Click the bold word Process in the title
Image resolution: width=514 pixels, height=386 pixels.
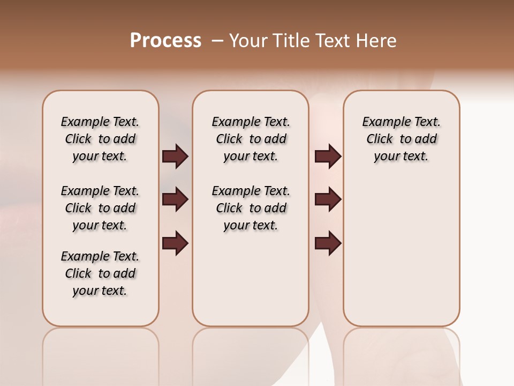(x=165, y=41)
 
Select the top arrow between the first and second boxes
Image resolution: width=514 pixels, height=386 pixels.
(x=175, y=157)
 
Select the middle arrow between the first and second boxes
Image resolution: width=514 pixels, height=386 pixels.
(x=175, y=199)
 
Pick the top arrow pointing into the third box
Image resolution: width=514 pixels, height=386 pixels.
(x=328, y=157)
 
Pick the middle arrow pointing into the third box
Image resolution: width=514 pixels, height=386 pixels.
(x=328, y=199)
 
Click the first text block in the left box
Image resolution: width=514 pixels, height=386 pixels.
(x=100, y=139)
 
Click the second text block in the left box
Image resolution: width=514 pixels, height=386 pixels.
(x=100, y=208)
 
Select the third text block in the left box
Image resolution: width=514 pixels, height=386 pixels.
(x=100, y=273)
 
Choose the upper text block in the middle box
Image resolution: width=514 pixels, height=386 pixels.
(x=251, y=139)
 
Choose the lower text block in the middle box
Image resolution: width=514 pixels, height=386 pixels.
(x=251, y=208)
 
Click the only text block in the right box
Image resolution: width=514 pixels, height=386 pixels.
(x=401, y=139)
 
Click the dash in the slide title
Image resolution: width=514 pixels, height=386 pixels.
(x=217, y=41)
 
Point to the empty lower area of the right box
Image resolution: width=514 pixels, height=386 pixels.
(x=401, y=257)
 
